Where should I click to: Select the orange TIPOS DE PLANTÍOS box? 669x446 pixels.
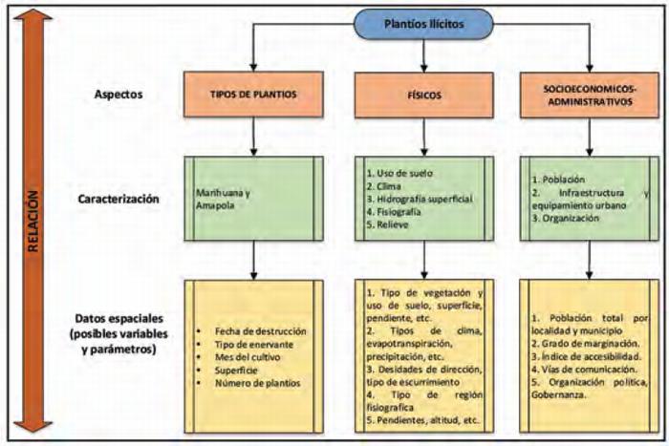[x=252, y=96]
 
